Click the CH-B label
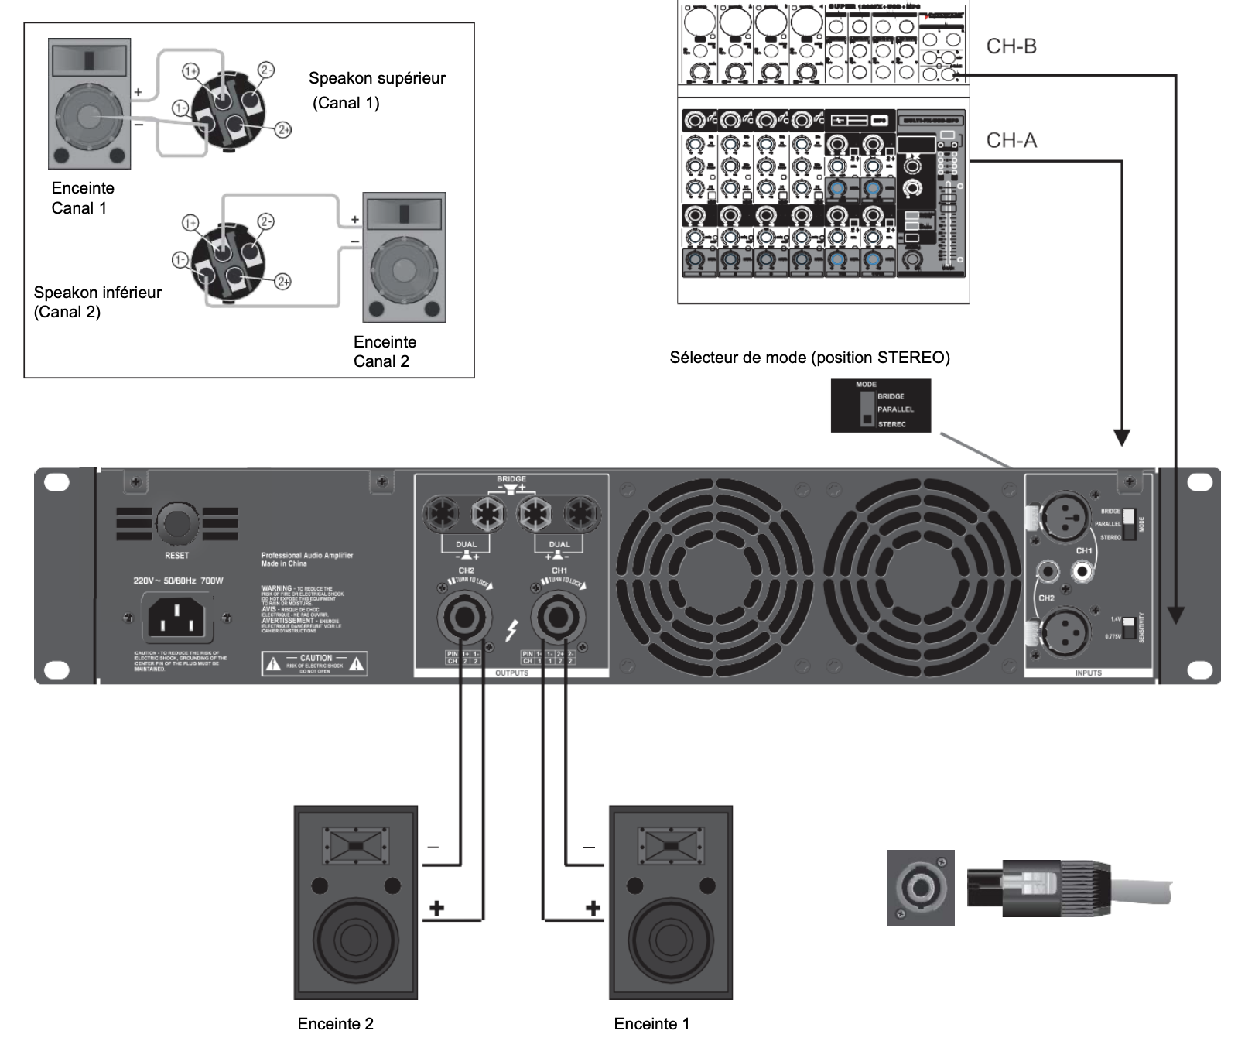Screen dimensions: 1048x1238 pos(1011,46)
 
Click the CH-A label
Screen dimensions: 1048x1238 pos(1011,140)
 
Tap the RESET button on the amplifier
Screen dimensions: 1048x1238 pos(177,524)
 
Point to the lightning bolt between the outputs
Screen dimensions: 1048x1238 pos(511,631)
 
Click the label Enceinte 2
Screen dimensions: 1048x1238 pos(335,1024)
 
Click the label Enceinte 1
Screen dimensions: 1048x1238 pos(651,1024)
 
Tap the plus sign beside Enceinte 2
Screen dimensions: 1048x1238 pos(437,908)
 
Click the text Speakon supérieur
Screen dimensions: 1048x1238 pos(377,78)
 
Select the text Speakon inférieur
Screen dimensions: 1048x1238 pos(97,293)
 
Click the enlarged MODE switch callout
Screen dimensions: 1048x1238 pos(881,406)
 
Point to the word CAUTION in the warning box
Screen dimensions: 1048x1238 pos(316,658)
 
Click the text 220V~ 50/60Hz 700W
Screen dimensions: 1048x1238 pos(178,581)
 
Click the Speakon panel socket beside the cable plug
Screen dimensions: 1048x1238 pos(920,888)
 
